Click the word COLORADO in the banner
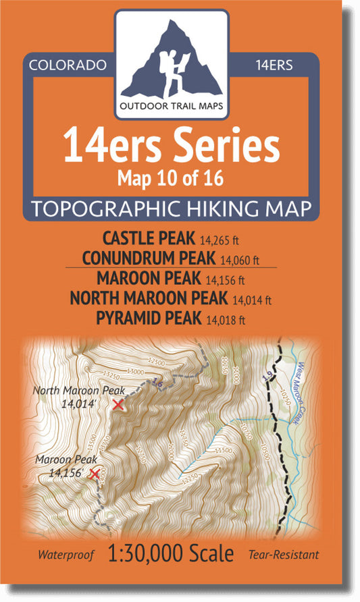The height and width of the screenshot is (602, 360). click(68, 65)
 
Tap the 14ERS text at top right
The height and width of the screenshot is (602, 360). click(274, 65)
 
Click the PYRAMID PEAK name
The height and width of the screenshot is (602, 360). click(149, 316)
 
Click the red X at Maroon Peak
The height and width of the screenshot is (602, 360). click(95, 474)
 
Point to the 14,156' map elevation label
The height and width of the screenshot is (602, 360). click(66, 474)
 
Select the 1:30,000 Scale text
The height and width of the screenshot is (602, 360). click(172, 555)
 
